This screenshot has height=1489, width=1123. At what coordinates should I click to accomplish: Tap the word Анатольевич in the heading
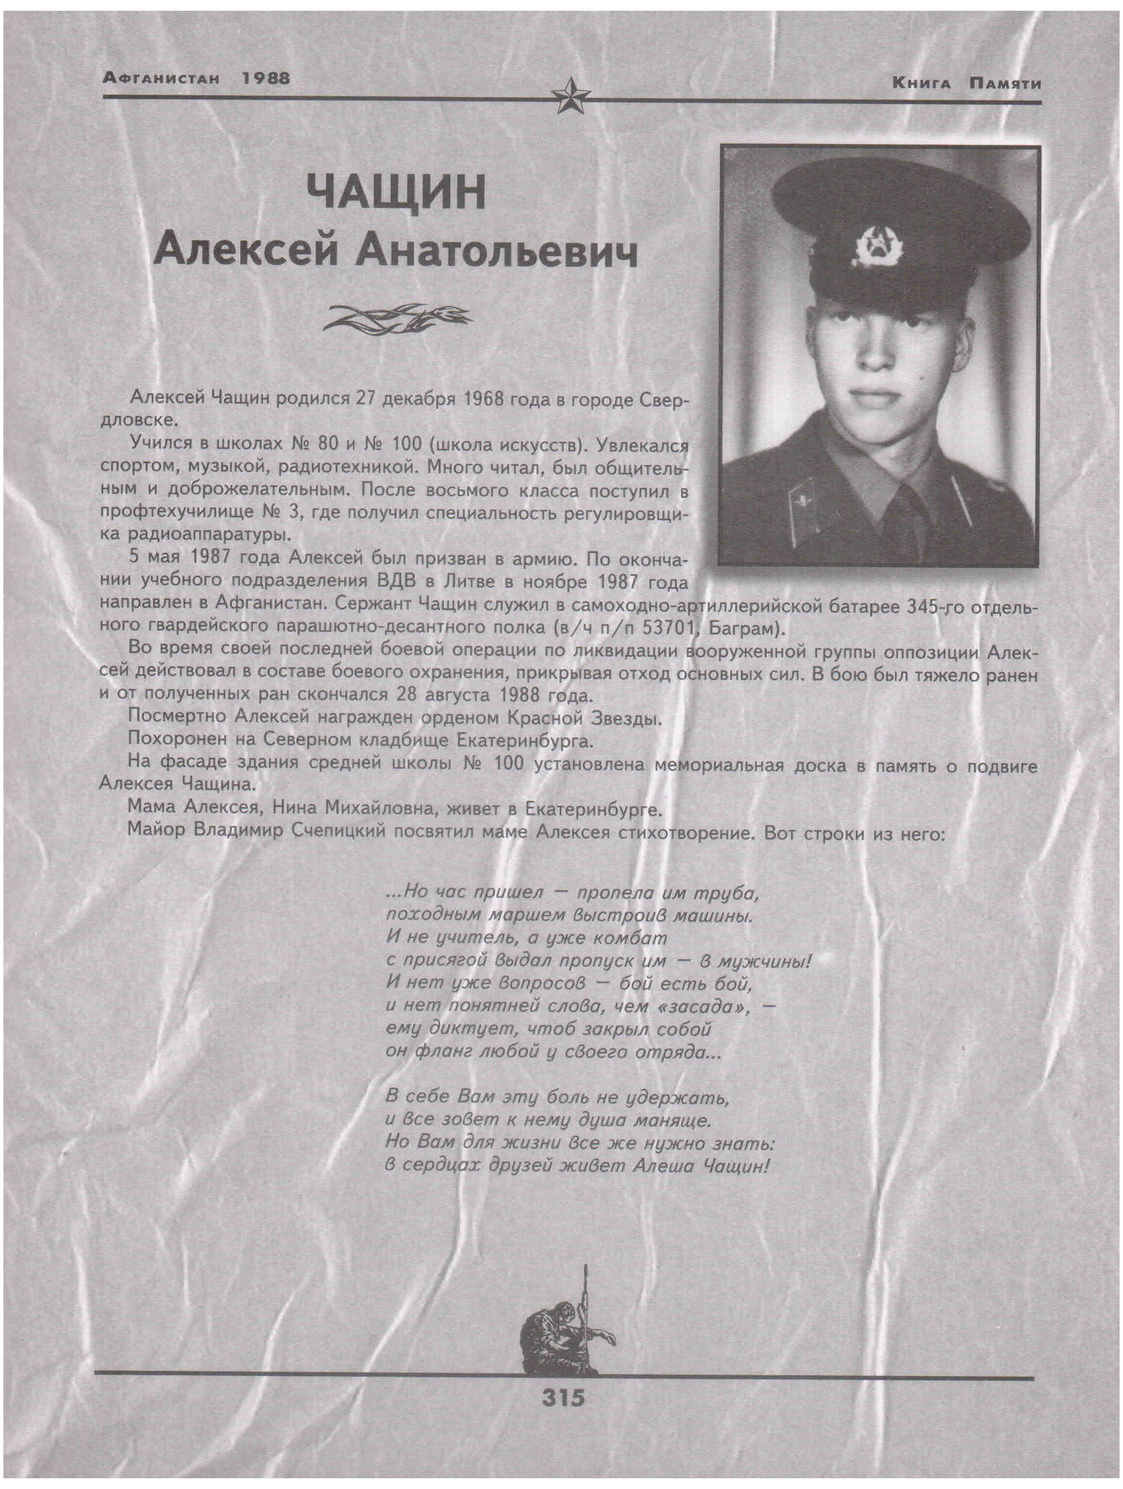497,252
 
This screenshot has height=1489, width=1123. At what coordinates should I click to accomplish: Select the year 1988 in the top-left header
266,78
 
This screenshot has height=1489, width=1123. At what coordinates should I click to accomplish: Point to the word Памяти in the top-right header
1005,84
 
